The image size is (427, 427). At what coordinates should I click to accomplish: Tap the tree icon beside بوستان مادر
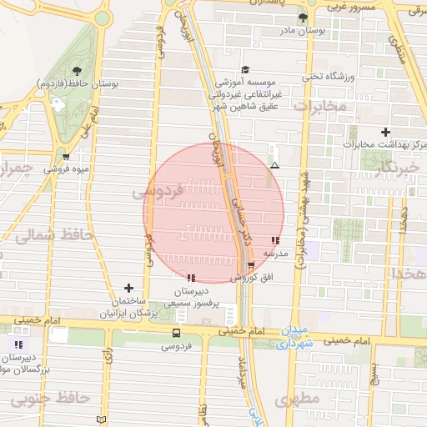click(x=303, y=18)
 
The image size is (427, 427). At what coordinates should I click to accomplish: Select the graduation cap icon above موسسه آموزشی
click(x=245, y=70)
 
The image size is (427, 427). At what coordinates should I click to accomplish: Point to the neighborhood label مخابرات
click(x=319, y=106)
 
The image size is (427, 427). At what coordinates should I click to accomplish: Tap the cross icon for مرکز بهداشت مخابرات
click(x=385, y=132)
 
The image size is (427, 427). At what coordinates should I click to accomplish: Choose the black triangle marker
click(x=274, y=165)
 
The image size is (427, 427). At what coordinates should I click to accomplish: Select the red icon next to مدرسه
click(x=275, y=240)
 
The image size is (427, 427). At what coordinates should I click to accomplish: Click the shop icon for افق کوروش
click(x=251, y=265)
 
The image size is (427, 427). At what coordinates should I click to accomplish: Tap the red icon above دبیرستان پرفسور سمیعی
click(x=192, y=277)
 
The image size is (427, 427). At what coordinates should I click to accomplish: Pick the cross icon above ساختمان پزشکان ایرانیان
click(x=128, y=288)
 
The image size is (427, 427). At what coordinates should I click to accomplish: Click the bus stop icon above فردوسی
click(x=175, y=333)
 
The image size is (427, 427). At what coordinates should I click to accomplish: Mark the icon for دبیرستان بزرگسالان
click(x=18, y=344)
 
